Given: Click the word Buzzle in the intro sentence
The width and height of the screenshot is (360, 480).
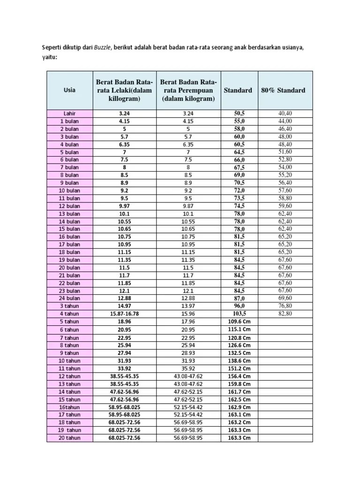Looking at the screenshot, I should pyautogui.click(x=102, y=48).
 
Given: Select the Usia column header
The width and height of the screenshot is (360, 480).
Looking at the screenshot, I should pyautogui.click(x=70, y=90).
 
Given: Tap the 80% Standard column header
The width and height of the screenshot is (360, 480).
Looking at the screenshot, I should pyautogui.click(x=283, y=90).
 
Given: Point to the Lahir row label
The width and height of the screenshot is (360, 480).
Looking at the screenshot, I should pyautogui.click(x=70, y=113).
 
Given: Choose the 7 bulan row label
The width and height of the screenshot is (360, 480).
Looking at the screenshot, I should pyautogui.click(x=69, y=167).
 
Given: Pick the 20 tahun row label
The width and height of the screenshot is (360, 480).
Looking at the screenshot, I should pyautogui.click(x=69, y=438).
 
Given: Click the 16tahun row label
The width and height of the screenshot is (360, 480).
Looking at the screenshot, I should pyautogui.click(x=69, y=407).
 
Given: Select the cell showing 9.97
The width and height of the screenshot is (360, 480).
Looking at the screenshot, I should pyautogui.click(x=124, y=206).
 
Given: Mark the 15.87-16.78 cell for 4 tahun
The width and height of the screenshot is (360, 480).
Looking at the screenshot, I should pyautogui.click(x=124, y=314).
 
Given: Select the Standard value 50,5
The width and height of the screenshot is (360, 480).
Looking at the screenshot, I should pyautogui.click(x=240, y=113).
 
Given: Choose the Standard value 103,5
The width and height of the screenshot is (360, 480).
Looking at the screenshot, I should pyautogui.click(x=240, y=314).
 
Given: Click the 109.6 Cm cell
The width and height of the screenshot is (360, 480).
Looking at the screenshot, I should pyautogui.click(x=240, y=322).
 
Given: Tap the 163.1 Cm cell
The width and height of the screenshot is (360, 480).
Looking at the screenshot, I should pyautogui.click(x=240, y=415).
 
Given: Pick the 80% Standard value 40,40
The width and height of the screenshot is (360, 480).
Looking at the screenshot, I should pyautogui.click(x=285, y=113).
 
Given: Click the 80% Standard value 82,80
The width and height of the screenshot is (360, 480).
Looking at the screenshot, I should pyautogui.click(x=285, y=313).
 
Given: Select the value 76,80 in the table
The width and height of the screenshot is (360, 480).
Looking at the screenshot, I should pyautogui.click(x=285, y=306).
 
